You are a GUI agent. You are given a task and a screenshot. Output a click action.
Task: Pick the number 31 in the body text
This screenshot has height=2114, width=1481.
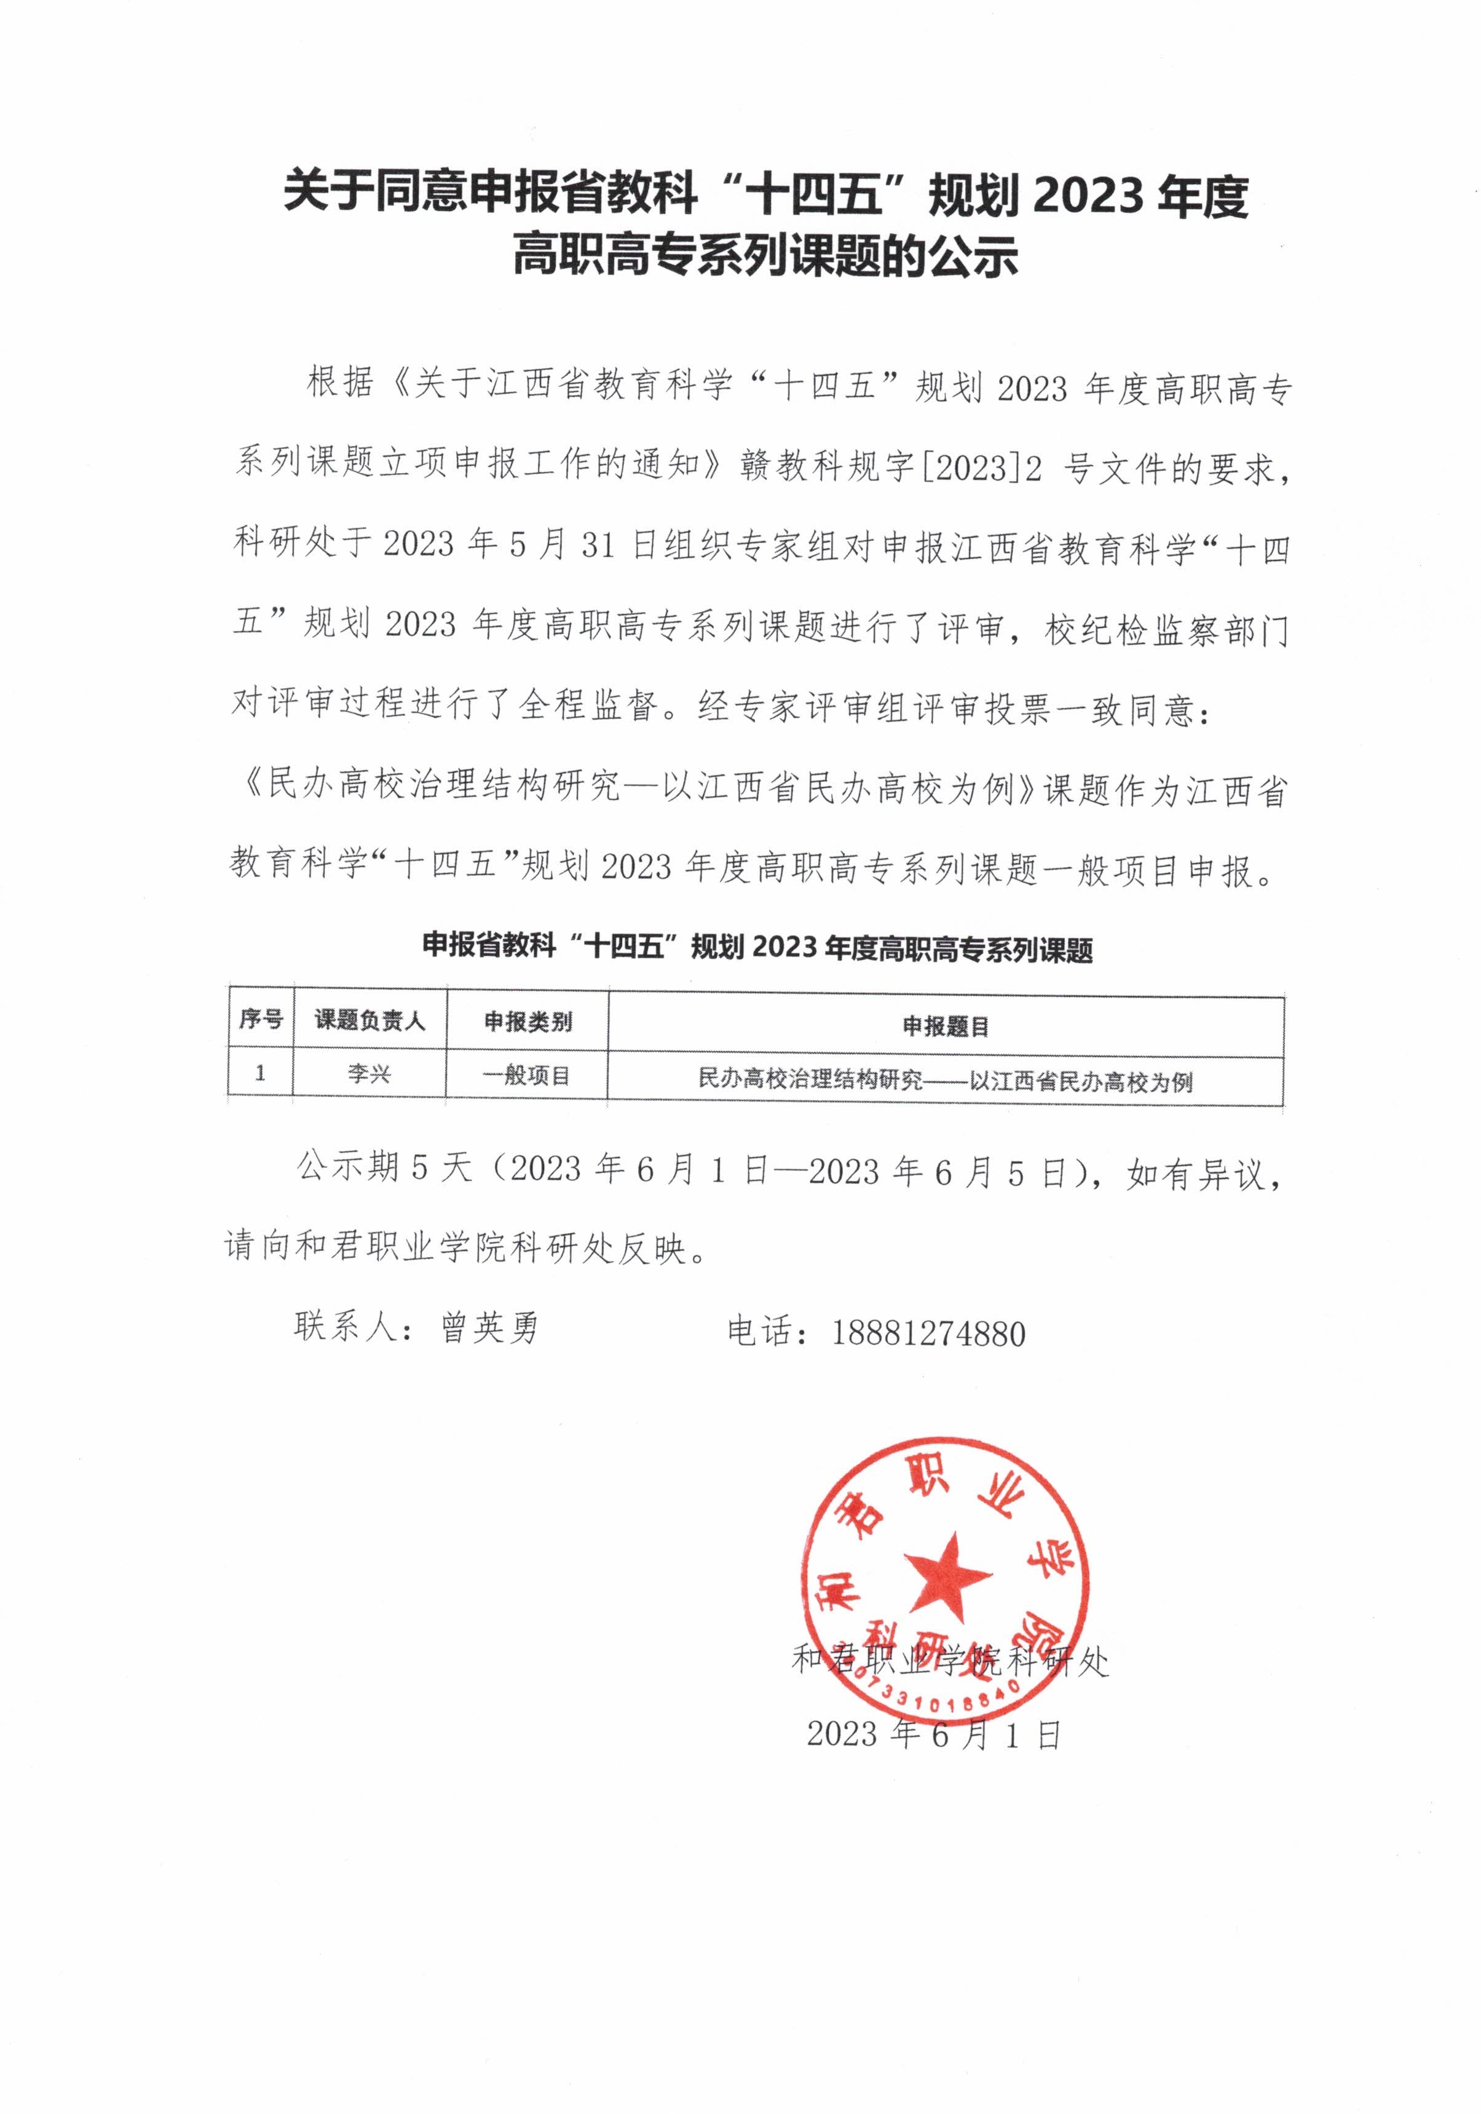pos(598,547)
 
